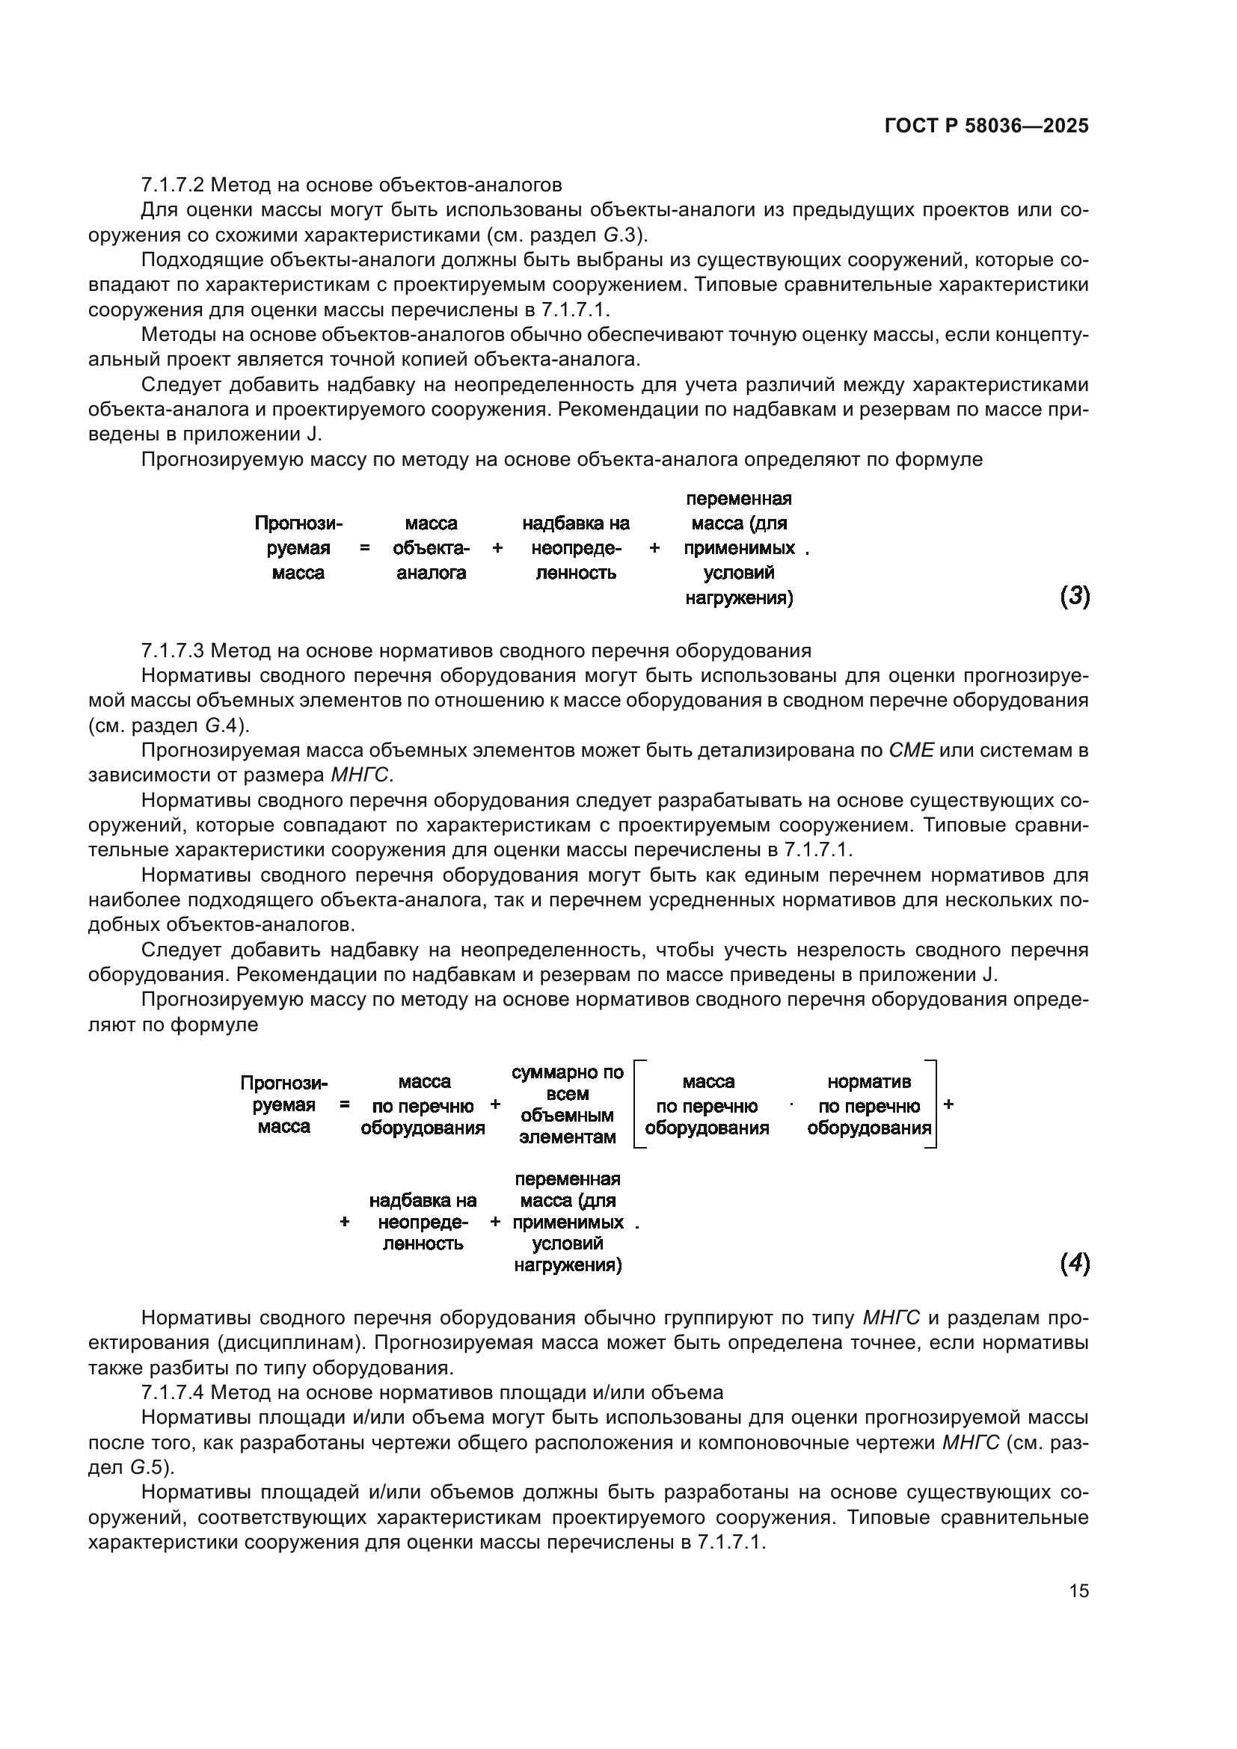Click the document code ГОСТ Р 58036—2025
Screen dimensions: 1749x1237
[986, 126]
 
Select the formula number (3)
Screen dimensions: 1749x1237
[1075, 597]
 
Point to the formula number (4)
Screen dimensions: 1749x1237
[1075, 1264]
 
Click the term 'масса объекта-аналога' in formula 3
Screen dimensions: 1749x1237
[431, 548]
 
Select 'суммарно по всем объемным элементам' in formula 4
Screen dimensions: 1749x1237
[568, 1104]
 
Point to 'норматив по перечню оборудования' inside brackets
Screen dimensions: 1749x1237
[869, 1105]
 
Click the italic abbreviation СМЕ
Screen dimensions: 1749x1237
[911, 750]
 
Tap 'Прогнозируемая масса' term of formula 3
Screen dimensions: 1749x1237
[298, 548]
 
